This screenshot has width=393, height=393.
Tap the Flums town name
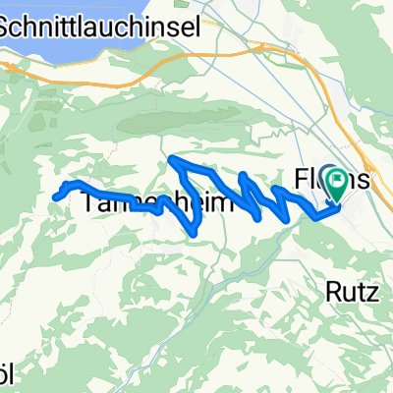click(332, 180)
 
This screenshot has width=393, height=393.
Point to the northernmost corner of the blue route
click(173, 158)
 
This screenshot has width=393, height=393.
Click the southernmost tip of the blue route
click(196, 233)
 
